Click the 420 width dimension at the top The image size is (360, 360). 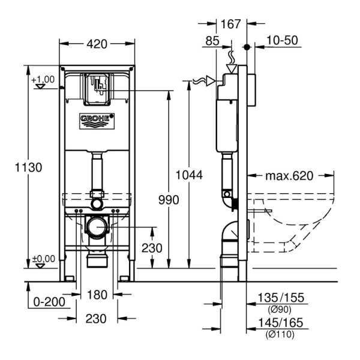(x=97, y=44)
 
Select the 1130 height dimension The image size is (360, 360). (x=29, y=167)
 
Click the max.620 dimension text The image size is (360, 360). (x=290, y=176)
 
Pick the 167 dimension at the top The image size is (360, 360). (x=230, y=24)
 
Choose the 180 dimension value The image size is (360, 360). (x=97, y=295)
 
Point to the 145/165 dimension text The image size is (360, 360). (x=280, y=323)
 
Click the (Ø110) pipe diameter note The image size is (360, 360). (x=280, y=335)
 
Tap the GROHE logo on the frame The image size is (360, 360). (x=96, y=120)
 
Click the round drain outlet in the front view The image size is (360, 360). (x=96, y=227)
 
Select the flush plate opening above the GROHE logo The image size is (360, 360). (x=96, y=87)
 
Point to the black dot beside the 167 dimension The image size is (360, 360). (x=246, y=46)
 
